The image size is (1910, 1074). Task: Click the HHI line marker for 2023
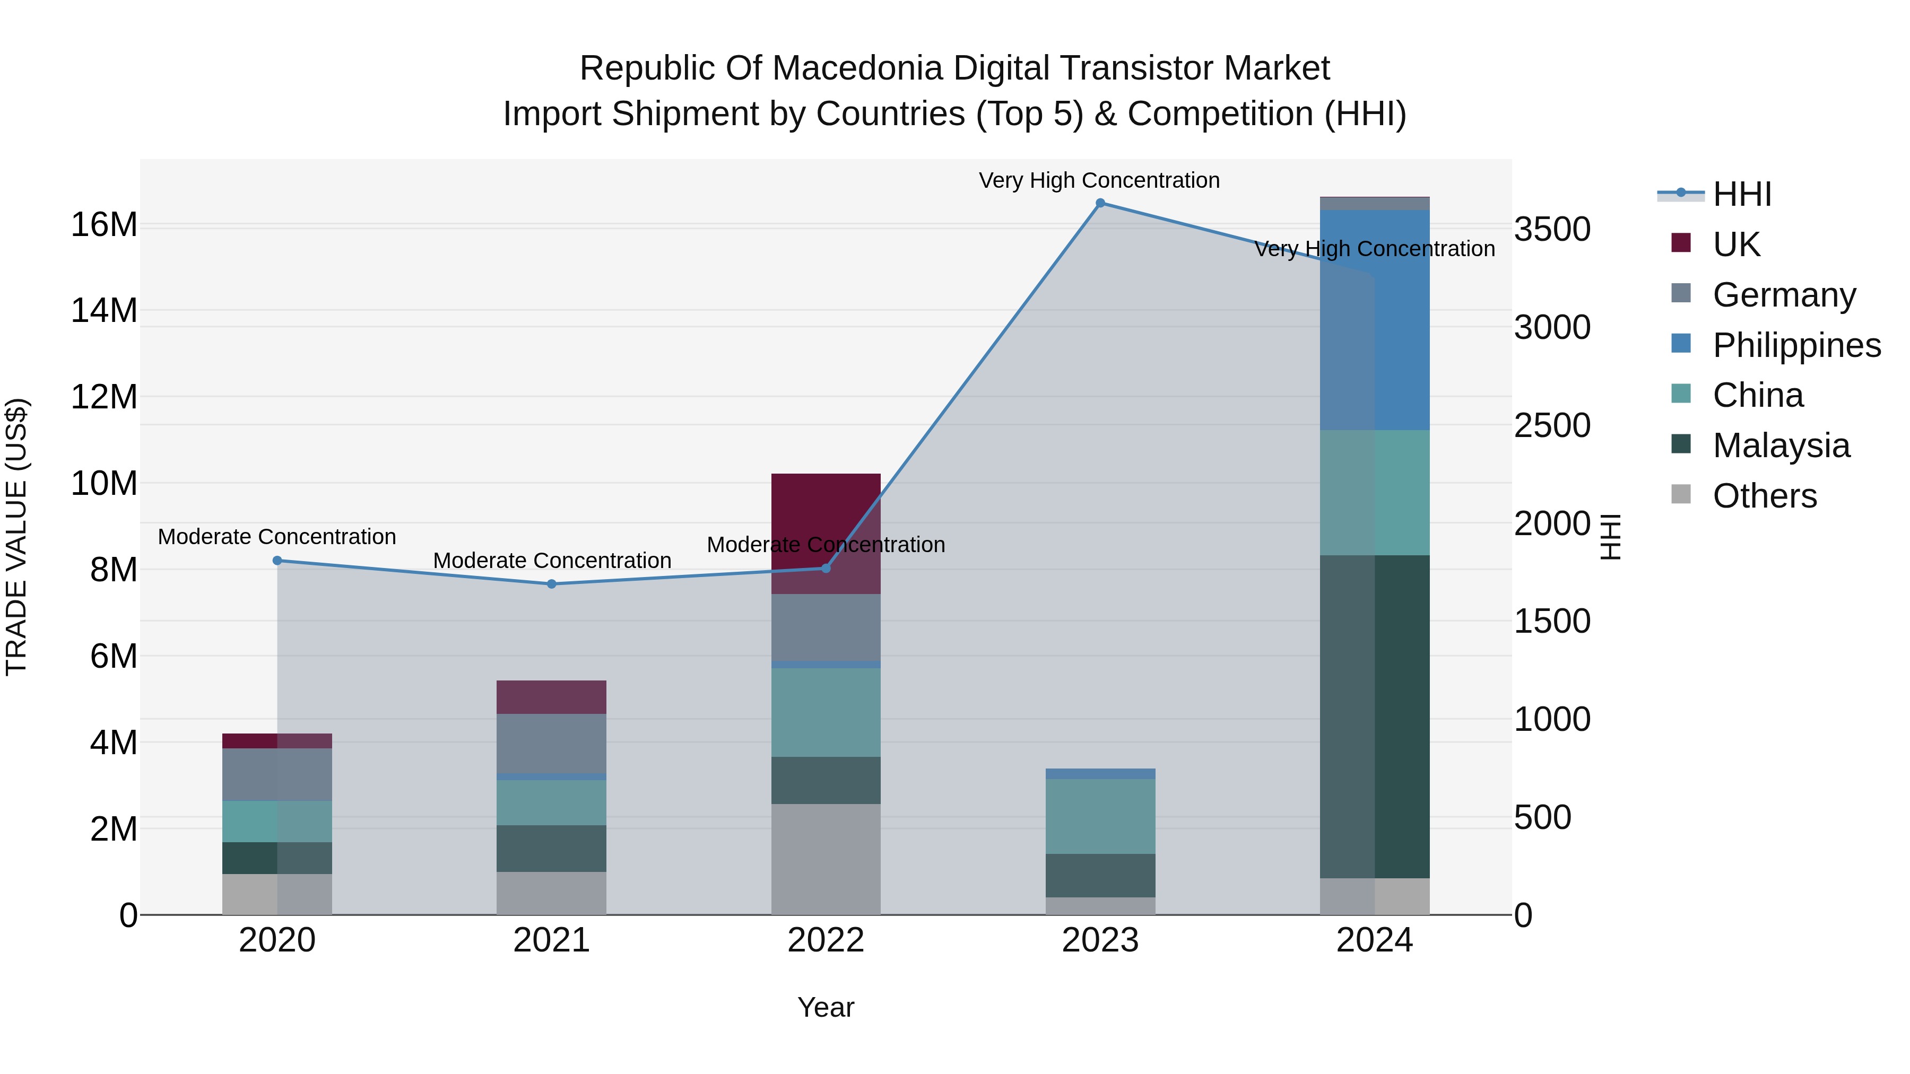pos(1100,203)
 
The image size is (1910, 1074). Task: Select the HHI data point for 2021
pos(552,584)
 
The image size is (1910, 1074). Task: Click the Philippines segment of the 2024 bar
pos(1374,319)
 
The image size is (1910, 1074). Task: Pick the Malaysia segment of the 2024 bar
pos(1374,716)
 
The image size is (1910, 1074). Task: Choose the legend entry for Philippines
pos(1796,345)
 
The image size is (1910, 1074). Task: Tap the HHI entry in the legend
pos(1742,194)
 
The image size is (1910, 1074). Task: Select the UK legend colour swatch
pos(1681,243)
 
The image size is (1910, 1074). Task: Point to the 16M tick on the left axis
pos(104,224)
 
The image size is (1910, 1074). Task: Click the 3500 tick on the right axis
pos(1552,230)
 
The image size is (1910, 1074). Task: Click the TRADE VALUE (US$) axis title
pos(16,537)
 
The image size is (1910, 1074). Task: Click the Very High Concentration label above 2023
pos(1099,180)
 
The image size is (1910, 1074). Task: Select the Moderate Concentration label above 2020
pos(276,537)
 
